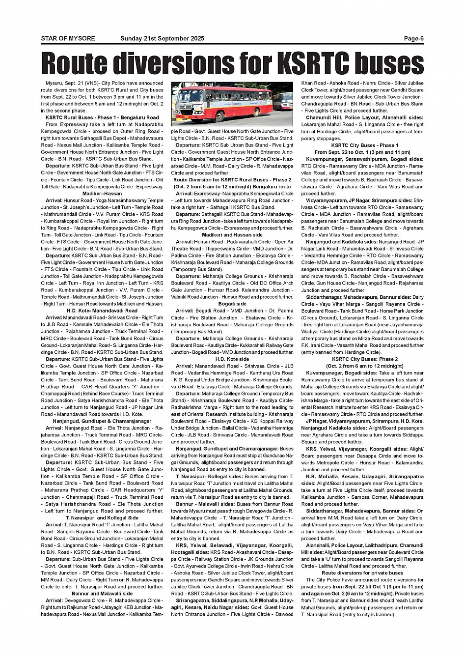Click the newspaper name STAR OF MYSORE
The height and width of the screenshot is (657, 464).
click(68, 39)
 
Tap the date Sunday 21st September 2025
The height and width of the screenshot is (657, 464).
click(162, 39)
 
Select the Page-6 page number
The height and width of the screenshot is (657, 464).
click(413, 39)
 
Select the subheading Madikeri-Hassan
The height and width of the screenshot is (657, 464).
click(102, 194)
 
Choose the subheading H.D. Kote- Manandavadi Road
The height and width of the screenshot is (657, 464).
click(102, 311)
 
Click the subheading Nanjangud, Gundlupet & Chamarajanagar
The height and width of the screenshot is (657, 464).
click(102, 421)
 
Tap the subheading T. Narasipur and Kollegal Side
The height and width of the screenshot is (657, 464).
click(102, 518)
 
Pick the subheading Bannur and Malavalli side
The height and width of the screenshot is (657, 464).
click(102, 594)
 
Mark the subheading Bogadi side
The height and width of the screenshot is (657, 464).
click(232, 304)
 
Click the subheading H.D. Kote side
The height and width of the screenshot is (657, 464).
click(232, 359)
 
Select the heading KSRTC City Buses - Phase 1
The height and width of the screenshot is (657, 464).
click(362, 145)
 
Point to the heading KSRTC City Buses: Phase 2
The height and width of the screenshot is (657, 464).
click(362, 359)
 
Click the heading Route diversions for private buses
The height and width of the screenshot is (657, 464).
click(362, 573)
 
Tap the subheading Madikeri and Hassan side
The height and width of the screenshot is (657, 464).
click(232, 235)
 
